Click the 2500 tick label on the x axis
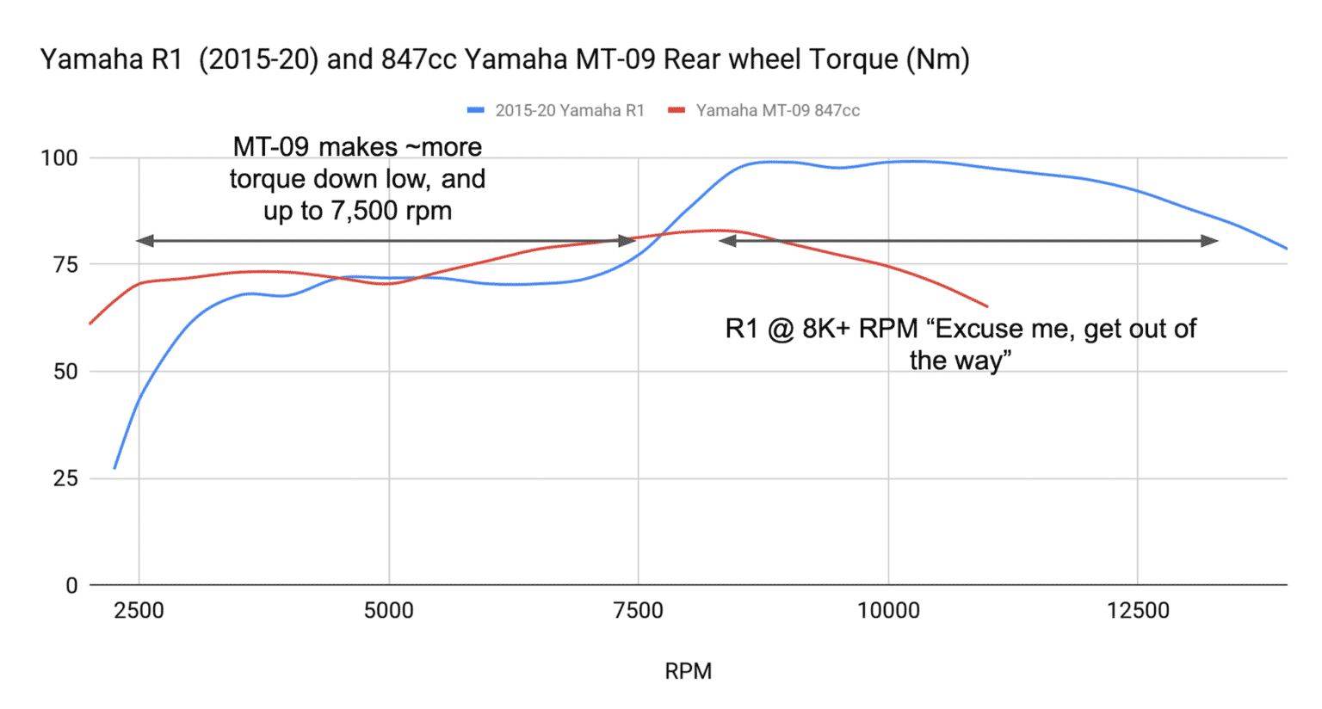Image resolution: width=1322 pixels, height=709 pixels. click(139, 611)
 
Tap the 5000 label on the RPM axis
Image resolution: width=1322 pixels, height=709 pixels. click(388, 611)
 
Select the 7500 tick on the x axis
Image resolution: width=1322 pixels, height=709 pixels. click(638, 611)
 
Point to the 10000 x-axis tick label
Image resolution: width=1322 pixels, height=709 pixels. click(887, 611)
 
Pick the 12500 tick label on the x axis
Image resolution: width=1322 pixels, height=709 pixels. click(1138, 611)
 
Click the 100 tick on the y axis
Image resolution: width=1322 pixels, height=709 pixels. click(59, 158)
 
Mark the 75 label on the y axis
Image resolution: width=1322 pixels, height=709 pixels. click(65, 265)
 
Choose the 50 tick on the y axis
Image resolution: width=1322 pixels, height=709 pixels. click(65, 372)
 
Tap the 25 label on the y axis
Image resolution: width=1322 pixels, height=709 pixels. click(65, 478)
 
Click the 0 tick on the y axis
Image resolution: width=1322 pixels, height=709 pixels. click(71, 586)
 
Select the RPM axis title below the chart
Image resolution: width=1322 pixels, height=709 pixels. click(688, 671)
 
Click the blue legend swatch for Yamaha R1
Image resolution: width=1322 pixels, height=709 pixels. click(476, 110)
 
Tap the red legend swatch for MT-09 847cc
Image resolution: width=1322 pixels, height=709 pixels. click(676, 110)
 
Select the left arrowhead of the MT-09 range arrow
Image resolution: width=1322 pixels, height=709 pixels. click(145, 241)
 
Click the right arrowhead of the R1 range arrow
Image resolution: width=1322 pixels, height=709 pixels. click(1210, 241)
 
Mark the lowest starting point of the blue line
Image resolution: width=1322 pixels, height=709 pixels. click(114, 468)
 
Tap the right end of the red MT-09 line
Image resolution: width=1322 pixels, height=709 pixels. click(986, 306)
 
